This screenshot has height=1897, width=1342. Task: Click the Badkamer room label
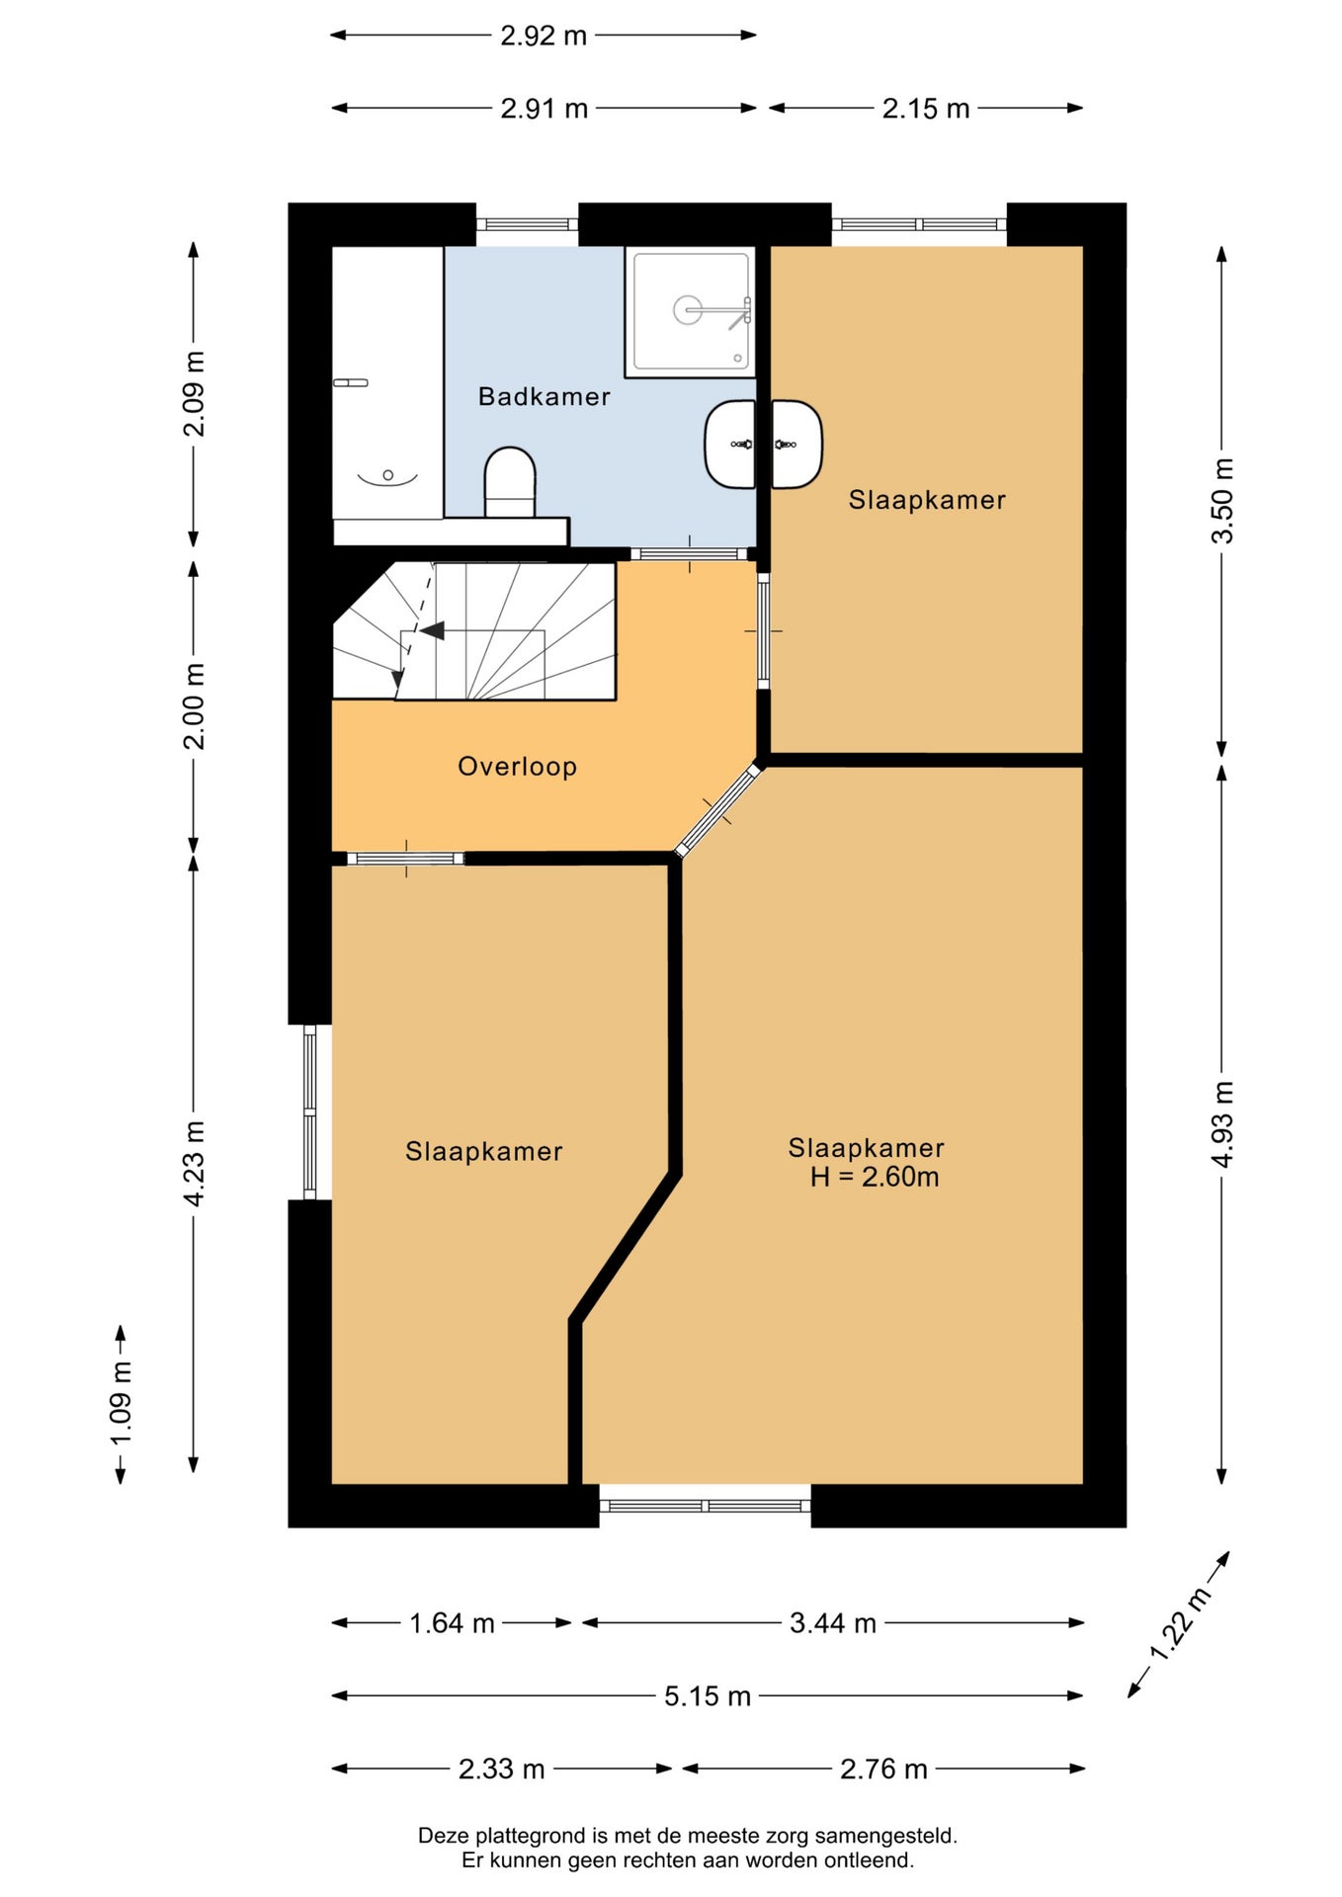click(x=544, y=396)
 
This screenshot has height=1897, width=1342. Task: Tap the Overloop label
click(x=517, y=767)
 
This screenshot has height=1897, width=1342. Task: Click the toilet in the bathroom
click(x=510, y=482)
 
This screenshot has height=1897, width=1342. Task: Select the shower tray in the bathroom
click(x=690, y=311)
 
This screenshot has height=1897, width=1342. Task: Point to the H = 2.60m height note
click(x=875, y=1177)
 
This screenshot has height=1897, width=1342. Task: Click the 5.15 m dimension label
click(x=708, y=1696)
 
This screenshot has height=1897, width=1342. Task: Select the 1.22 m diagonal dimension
click(x=1179, y=1624)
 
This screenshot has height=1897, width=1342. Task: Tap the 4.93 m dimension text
click(x=1222, y=1124)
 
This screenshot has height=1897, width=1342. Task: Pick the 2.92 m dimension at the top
click(x=544, y=36)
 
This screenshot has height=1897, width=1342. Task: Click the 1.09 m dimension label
click(x=121, y=1404)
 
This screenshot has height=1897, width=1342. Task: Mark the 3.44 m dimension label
click(x=833, y=1623)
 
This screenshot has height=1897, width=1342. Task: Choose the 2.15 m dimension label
click(x=926, y=109)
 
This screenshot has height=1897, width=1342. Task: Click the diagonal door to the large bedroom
click(x=718, y=810)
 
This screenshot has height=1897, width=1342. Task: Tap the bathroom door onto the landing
click(x=690, y=554)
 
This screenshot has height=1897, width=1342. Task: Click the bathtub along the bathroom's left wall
click(x=387, y=382)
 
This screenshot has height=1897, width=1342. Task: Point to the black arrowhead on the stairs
click(x=432, y=630)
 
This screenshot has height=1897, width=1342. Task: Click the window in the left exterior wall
click(x=309, y=1112)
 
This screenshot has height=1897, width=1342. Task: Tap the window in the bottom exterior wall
click(x=706, y=1506)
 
